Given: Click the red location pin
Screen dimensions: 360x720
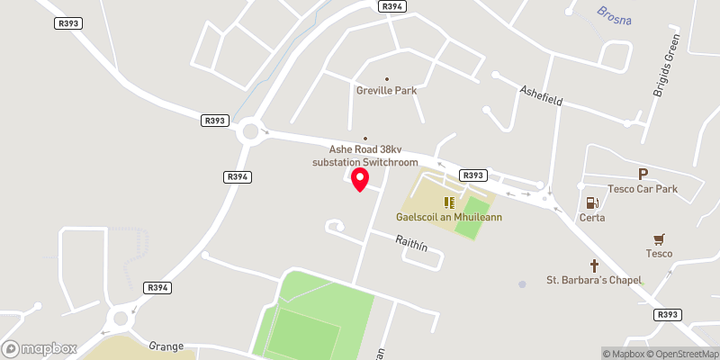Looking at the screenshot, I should point(360,178).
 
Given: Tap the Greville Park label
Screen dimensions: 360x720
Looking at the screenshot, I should point(387,90).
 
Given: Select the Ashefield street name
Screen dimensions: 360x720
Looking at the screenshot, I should point(541,96).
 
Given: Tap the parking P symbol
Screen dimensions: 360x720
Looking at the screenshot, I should point(643,174).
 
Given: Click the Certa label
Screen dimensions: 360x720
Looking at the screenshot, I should point(592,218).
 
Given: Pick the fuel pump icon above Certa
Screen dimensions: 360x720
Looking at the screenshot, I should point(592,203).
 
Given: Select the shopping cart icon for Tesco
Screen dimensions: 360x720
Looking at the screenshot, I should point(660,238).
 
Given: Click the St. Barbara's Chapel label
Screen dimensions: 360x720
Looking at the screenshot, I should point(594,280).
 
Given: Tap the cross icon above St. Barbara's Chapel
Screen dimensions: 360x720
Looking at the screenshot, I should point(594,265).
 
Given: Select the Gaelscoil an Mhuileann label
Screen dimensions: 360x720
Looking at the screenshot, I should point(449,217).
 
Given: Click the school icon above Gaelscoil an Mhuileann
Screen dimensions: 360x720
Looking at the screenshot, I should point(449,202).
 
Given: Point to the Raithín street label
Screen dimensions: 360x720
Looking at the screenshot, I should point(412,241).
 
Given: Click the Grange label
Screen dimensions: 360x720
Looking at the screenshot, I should point(166,346).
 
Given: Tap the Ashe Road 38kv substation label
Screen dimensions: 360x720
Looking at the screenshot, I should point(364,156).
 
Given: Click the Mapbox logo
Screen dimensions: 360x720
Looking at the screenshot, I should point(40,348).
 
